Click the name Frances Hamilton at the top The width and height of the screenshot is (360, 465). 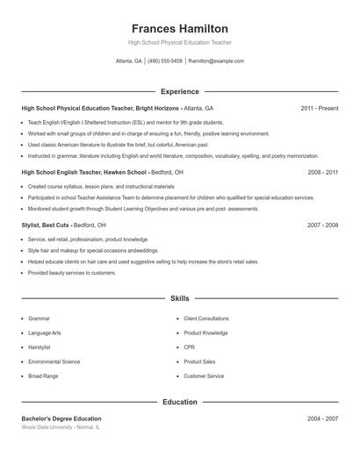[x=179, y=28]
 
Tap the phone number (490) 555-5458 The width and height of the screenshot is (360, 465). [x=165, y=61]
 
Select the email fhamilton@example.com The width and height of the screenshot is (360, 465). [x=216, y=61]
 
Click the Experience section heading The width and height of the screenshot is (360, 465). [x=179, y=91]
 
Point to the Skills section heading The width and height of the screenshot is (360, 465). [x=179, y=299]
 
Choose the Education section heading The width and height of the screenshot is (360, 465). [x=179, y=402]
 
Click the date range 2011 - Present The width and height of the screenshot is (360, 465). [x=319, y=109]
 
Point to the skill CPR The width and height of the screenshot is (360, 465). [x=189, y=347]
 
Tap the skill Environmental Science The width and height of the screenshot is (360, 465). [x=54, y=361]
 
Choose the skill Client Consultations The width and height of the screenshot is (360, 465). [x=206, y=318]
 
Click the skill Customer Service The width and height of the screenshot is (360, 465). [x=204, y=376]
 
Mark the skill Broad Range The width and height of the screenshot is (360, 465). [x=43, y=376]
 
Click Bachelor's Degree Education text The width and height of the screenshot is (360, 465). [x=61, y=418]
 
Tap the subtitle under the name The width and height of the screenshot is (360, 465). [x=179, y=42]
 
